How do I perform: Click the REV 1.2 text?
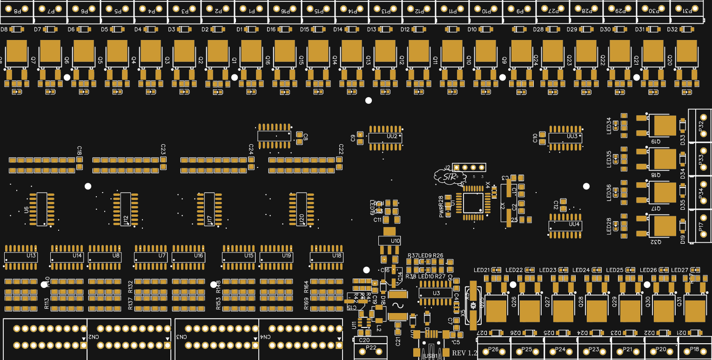pyautogui.click(x=464, y=353)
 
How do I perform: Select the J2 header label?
pyautogui.click(x=447, y=167)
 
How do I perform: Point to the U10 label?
pyautogui.click(x=396, y=241)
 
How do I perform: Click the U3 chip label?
pyautogui.click(x=436, y=293)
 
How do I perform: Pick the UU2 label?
pyautogui.click(x=392, y=136)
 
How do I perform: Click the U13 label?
pyautogui.click(x=31, y=256)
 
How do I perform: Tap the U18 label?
pyautogui.click(x=336, y=256)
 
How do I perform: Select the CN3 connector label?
pyautogui.click(x=181, y=337)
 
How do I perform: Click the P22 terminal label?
pyautogui.click(x=371, y=348)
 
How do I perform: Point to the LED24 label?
pyautogui.click(x=581, y=270)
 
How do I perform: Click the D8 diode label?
pyautogui.click(x=4, y=29)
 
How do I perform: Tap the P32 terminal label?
pyautogui.click(x=701, y=126)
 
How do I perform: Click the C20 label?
pyautogui.click(x=364, y=340)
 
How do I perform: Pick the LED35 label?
pyautogui.click(x=609, y=159)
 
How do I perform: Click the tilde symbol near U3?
pyautogui.click(x=398, y=305)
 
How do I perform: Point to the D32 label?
pyautogui.click(x=672, y=29)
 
